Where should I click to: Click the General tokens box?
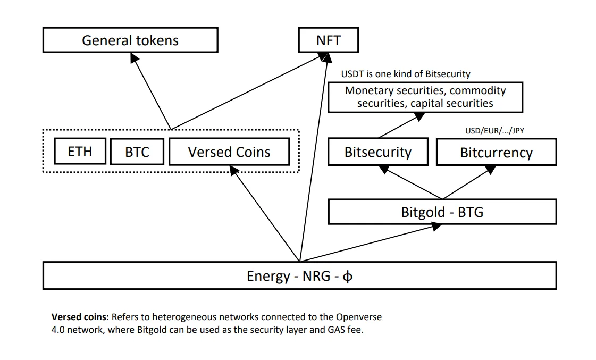130,40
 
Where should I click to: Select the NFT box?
329,40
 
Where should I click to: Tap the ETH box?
80,152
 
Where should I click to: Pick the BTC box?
137,152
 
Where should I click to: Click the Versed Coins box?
229,152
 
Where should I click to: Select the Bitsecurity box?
378,152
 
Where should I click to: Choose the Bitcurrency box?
497,152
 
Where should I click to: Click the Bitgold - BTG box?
442,212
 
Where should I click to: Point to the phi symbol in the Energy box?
347,277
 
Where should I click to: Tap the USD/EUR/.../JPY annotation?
494,131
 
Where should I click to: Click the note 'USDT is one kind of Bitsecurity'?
406,74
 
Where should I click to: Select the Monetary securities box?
425,97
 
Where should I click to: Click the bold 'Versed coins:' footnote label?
80,317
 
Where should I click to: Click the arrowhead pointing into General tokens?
134,58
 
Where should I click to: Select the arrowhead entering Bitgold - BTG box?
436,227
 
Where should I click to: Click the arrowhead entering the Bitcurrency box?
490,170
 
